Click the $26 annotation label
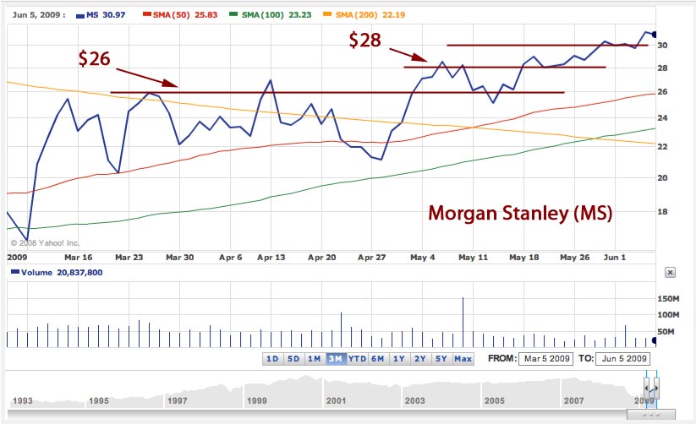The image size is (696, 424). pyautogui.click(x=94, y=58)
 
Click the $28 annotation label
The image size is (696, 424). pyautogui.click(x=364, y=40)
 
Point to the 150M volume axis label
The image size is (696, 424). pyautogui.click(x=668, y=298)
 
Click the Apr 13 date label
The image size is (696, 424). pyautogui.click(x=271, y=256)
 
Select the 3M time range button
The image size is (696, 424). pyautogui.click(x=335, y=359)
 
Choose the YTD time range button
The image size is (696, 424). pyautogui.click(x=356, y=359)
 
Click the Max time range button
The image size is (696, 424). pyautogui.click(x=463, y=359)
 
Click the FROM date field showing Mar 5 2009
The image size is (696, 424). pyautogui.click(x=545, y=358)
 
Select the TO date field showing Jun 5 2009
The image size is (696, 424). pyautogui.click(x=623, y=358)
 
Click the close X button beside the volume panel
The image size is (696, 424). pyautogui.click(x=670, y=272)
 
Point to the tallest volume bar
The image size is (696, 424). pyautogui.click(x=463, y=322)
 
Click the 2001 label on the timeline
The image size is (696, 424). pyautogui.click(x=335, y=400)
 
